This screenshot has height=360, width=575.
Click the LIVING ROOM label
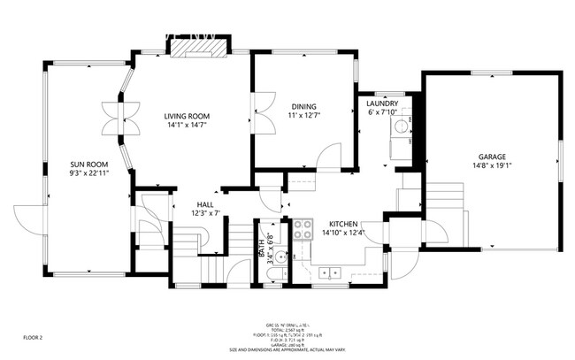click(x=186, y=116)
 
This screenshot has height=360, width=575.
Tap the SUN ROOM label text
click(x=89, y=165)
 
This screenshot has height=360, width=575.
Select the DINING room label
click(x=303, y=105)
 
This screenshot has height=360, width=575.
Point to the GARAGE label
click(x=492, y=156)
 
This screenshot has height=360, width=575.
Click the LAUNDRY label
click(x=382, y=103)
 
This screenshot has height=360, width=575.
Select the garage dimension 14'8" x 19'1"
click(x=492, y=165)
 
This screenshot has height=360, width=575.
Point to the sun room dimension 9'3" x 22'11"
click(x=89, y=173)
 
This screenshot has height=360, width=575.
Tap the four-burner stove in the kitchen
click(x=303, y=229)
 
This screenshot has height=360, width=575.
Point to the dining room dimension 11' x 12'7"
click(x=303, y=114)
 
